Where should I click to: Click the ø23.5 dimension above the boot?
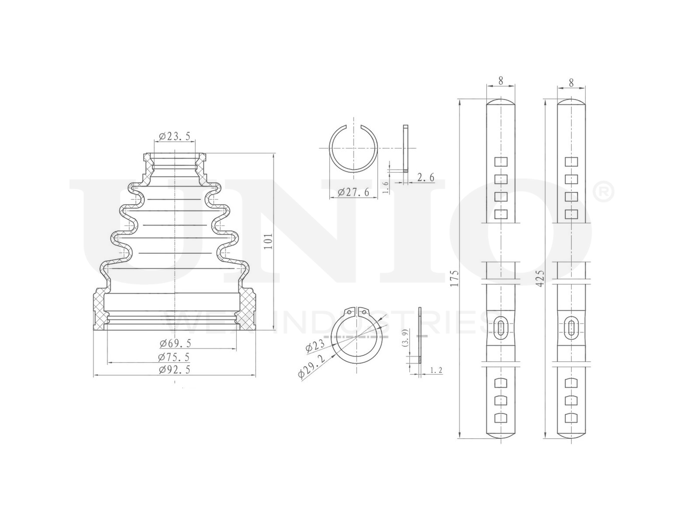pyautogui.click(x=175, y=136)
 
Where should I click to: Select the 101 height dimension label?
pyautogui.click(x=268, y=242)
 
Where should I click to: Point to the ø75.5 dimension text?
pyautogui.click(x=174, y=357)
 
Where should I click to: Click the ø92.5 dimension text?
pyautogui.click(x=174, y=369)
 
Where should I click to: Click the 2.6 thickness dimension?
pyautogui.click(x=425, y=177)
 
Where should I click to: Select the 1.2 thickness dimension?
pyautogui.click(x=436, y=369)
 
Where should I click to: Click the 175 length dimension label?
pyautogui.click(x=455, y=278)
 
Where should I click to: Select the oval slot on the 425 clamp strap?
pyautogui.click(x=571, y=327)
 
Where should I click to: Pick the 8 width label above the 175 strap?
pyautogui.click(x=501, y=81)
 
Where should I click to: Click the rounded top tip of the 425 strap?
pyautogui.click(x=572, y=101)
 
